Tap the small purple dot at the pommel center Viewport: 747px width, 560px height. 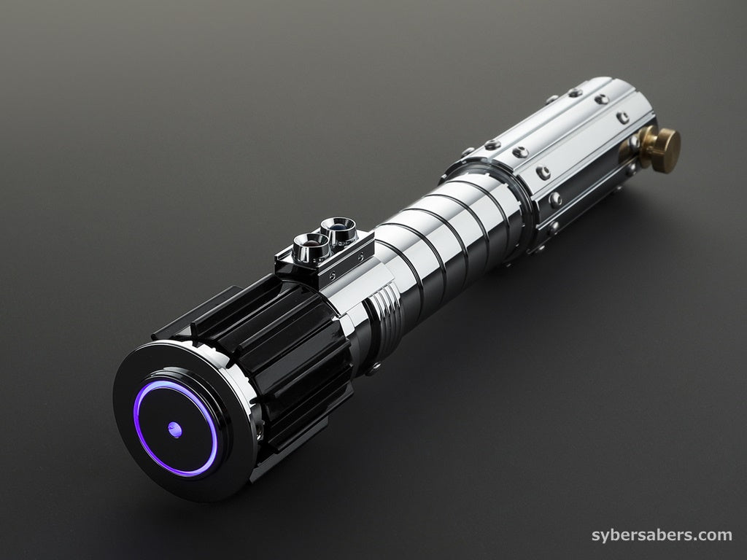pos(175,429)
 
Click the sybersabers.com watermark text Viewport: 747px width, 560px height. pos(662,535)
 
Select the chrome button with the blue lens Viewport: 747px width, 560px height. pos(338,229)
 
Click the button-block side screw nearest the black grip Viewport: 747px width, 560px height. pos(333,275)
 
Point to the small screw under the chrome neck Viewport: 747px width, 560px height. pos(375,366)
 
